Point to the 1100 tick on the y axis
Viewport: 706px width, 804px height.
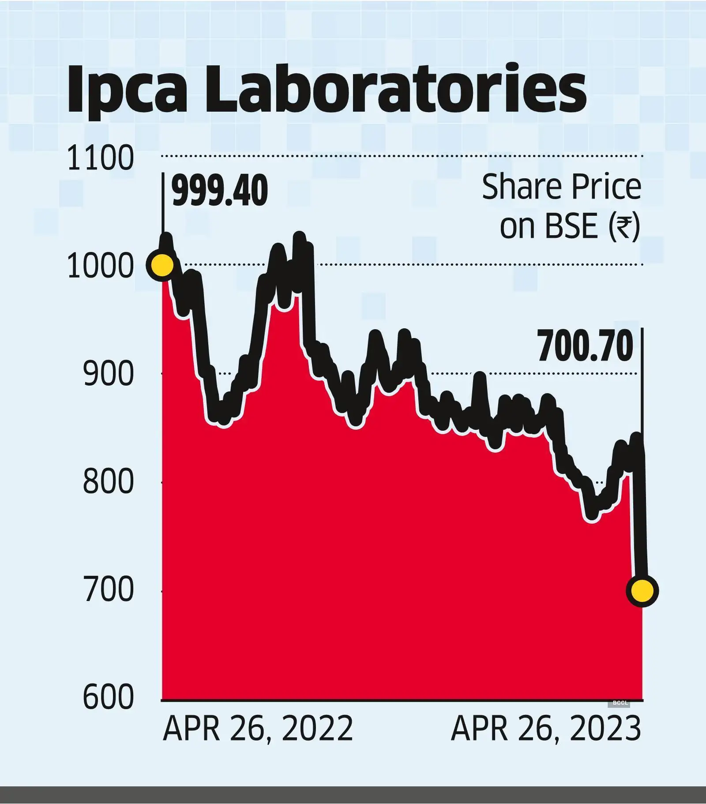click(x=100, y=158)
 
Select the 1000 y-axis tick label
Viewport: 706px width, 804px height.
click(x=100, y=267)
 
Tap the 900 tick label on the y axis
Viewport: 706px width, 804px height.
click(x=108, y=374)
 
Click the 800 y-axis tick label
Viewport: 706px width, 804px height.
click(x=108, y=481)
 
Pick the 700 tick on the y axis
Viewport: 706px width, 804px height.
click(x=108, y=590)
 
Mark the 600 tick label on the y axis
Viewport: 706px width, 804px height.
click(x=108, y=697)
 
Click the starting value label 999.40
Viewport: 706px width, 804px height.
click(x=220, y=191)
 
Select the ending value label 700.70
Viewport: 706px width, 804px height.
click(x=585, y=347)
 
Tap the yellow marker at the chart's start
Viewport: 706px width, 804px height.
click(x=162, y=265)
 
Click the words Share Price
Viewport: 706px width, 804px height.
click(x=561, y=187)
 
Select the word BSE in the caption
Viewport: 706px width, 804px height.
click(x=571, y=226)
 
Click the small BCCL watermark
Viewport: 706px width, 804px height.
click(x=620, y=703)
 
